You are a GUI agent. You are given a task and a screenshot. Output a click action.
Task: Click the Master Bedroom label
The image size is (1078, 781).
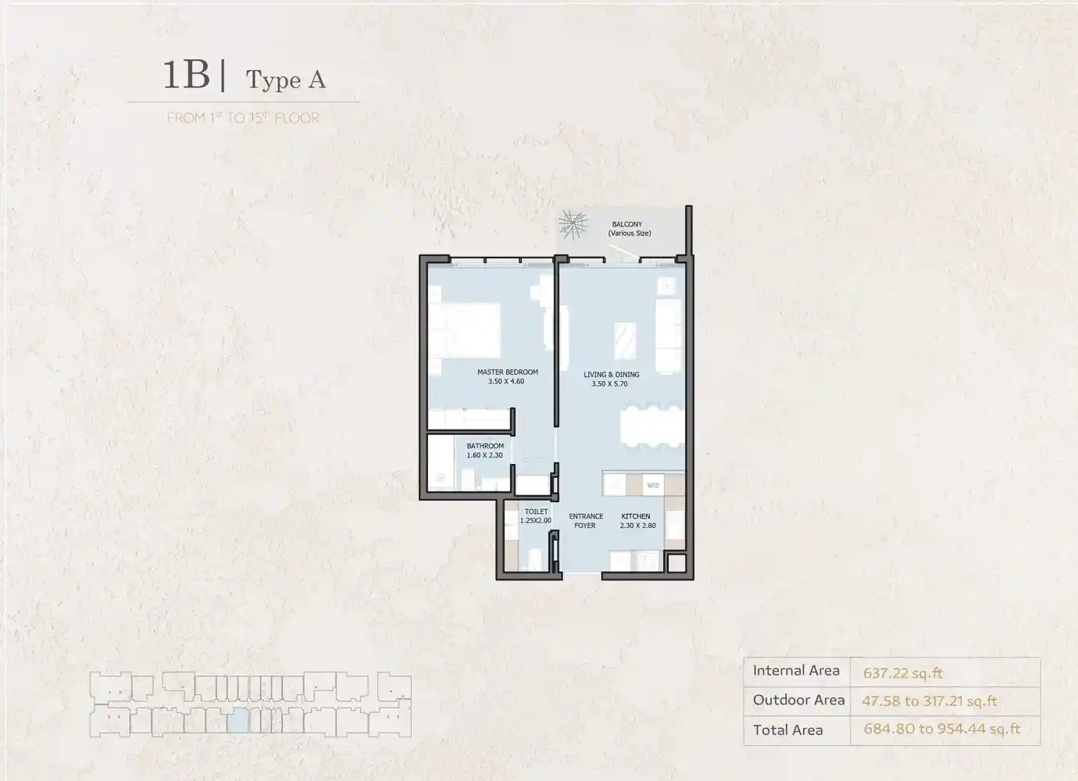[508, 372]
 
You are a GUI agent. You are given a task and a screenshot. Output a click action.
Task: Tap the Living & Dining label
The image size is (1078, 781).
[611, 374]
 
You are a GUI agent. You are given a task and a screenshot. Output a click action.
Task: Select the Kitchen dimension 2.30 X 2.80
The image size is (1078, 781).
[637, 526]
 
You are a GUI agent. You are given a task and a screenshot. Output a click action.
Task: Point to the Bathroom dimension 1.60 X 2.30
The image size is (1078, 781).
[484, 455]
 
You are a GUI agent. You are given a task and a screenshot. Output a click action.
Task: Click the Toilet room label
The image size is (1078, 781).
[536, 512]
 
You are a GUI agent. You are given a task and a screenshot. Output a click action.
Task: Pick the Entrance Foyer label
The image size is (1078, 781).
[586, 521]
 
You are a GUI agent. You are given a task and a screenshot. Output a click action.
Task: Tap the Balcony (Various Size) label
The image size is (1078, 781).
[629, 229]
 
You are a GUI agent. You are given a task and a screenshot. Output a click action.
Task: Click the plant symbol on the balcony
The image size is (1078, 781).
[573, 225]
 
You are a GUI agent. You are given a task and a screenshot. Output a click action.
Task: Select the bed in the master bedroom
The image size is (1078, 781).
[465, 330]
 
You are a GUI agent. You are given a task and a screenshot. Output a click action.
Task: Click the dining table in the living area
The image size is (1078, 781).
[651, 426]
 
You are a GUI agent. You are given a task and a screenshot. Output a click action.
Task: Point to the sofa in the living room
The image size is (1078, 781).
[669, 336]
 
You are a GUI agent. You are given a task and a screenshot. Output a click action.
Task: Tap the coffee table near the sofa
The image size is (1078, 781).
[624, 341]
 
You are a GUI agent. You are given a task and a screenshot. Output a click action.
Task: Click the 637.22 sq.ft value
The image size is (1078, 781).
[902, 672]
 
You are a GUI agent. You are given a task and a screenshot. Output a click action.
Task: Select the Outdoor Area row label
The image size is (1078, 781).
[798, 700]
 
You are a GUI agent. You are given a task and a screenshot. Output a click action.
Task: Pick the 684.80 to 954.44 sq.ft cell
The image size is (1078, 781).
[942, 729]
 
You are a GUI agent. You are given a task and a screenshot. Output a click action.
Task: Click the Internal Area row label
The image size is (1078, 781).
[796, 670]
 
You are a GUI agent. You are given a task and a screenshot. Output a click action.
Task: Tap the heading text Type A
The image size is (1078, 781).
[286, 80]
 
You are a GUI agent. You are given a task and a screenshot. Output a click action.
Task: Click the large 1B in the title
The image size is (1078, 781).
[187, 75]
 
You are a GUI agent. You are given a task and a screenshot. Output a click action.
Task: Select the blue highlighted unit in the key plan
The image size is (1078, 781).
[237, 720]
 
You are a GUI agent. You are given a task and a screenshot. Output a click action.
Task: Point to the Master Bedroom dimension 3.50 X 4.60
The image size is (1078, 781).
[505, 381]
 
